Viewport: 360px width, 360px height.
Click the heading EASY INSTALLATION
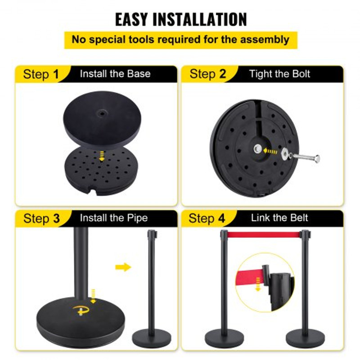(x=180, y=19)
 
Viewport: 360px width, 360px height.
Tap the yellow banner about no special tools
(x=180, y=40)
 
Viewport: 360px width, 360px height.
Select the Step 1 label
(x=41, y=74)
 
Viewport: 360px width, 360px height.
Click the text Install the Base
(x=115, y=74)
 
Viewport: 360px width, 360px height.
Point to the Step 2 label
(x=207, y=74)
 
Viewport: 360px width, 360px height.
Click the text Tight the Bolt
(x=279, y=74)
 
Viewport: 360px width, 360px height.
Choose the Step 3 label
(x=41, y=219)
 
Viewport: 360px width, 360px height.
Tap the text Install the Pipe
(x=113, y=218)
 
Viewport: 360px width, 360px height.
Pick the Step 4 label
(x=207, y=219)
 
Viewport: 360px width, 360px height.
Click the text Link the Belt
(x=279, y=218)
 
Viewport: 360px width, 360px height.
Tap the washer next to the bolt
(x=286, y=154)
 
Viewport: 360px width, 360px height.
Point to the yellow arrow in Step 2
(x=270, y=151)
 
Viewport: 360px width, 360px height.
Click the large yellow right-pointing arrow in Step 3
(x=123, y=267)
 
